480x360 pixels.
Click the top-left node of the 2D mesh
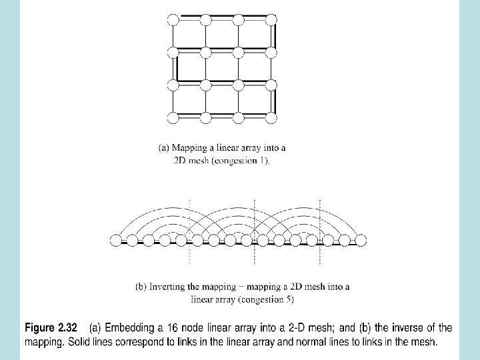[x=173, y=19]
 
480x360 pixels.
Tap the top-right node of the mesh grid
[x=271, y=19]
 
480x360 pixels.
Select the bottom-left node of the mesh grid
[x=173, y=118]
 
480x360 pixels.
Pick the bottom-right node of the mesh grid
[x=271, y=118]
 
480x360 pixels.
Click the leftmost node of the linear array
[x=116, y=240]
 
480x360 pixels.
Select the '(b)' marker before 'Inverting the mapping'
[x=141, y=287]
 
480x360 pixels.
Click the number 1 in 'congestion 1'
[x=265, y=160]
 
